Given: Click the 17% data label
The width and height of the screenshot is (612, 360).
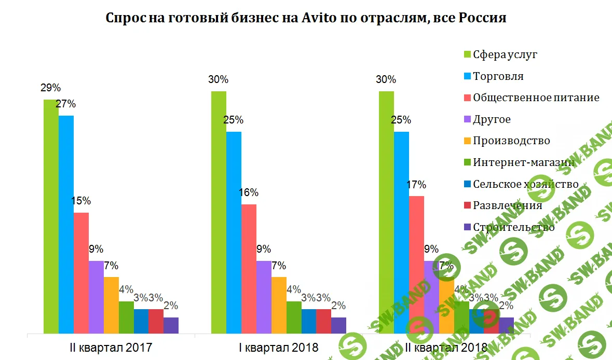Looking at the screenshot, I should [416, 185].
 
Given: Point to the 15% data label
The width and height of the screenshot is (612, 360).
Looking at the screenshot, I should [81, 201].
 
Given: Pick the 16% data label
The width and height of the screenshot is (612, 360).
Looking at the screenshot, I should [249, 193].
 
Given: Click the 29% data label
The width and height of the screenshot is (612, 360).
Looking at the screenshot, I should [51, 88].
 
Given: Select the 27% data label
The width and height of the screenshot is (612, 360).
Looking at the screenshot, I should [66, 104].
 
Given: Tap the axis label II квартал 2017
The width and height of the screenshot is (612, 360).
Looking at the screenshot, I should [111, 347].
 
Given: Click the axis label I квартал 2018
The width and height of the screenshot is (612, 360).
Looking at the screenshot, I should [279, 347].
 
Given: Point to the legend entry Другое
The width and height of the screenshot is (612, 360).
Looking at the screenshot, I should [491, 119].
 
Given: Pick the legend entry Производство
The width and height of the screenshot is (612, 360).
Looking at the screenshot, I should [511, 141].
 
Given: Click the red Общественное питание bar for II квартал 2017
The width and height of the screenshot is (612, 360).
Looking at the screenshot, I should [81, 272].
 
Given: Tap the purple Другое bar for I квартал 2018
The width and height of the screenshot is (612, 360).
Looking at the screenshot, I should [264, 296].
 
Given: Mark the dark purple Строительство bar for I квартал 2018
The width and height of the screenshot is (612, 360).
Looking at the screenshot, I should [338, 325].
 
